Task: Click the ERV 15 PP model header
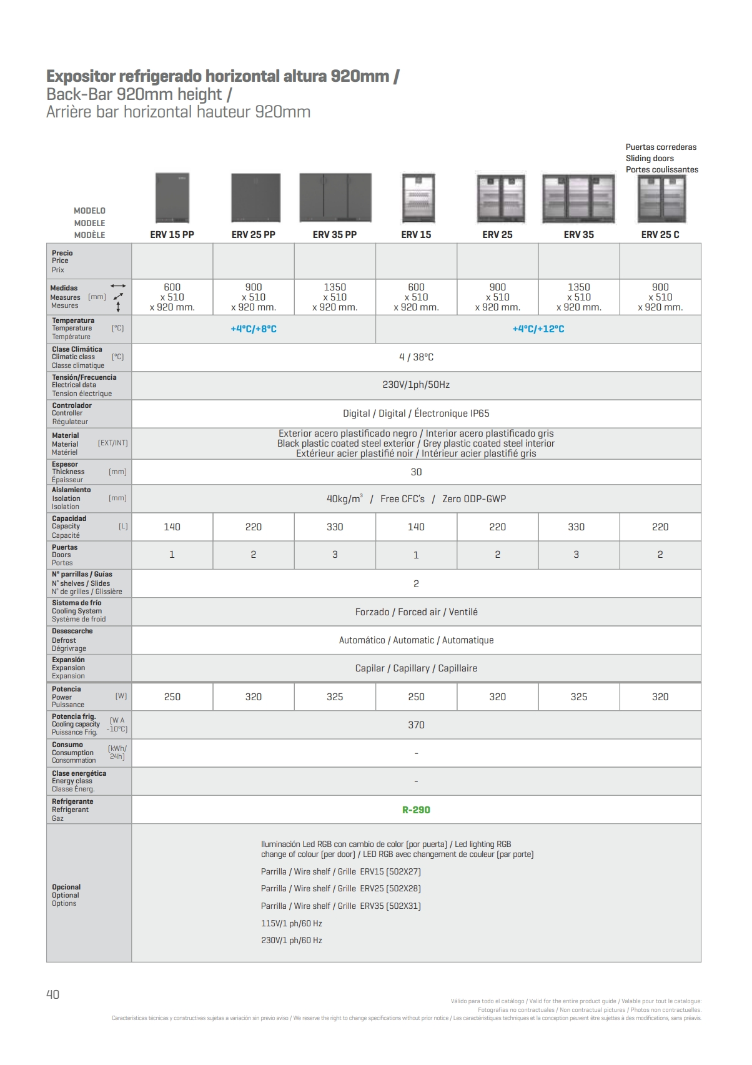172,235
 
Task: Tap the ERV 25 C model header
660,235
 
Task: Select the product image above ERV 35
578,198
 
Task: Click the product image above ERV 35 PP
335,198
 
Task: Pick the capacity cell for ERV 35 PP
335,527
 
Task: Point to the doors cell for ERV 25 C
660,555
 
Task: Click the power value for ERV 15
416,697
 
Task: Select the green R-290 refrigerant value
416,810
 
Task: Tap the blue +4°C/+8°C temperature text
254,329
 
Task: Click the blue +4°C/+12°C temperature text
538,329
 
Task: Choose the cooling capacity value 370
416,725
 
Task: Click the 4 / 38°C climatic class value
416,357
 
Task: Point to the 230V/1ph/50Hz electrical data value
416,385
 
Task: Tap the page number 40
53,994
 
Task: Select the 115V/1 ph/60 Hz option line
292,923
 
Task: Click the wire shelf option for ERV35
341,906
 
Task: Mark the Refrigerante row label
72,802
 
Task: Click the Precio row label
62,253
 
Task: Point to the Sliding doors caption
650,159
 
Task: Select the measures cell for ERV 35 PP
335,297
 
